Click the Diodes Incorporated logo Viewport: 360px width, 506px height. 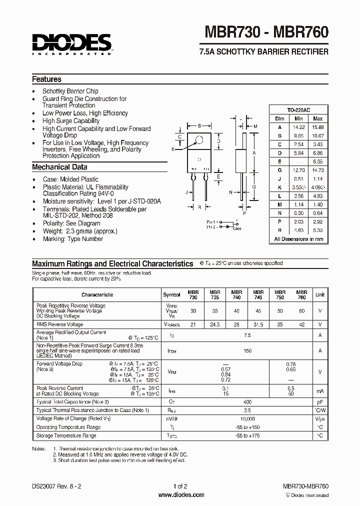(x=72, y=44)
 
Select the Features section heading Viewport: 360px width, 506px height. (x=46, y=79)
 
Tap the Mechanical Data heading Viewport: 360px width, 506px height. (x=59, y=167)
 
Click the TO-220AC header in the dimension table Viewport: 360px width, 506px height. (x=298, y=110)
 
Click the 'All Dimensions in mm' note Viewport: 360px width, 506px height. (x=298, y=239)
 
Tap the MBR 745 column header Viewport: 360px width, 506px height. (x=258, y=294)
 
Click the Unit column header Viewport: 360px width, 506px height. (x=320, y=295)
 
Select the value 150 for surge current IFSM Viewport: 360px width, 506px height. (x=247, y=351)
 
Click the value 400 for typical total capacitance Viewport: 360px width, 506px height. (x=247, y=401)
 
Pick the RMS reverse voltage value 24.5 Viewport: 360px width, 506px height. (x=215, y=324)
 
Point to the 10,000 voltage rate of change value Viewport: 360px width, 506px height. (x=247, y=418)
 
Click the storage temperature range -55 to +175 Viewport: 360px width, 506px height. (x=247, y=436)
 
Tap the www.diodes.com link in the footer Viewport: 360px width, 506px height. (x=180, y=494)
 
